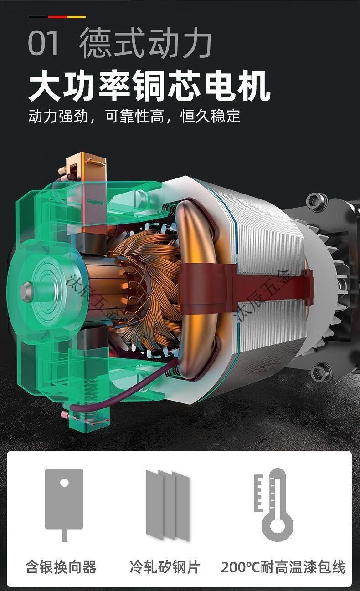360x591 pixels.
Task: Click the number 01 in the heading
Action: [44, 43]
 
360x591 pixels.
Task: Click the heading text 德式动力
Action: [145, 43]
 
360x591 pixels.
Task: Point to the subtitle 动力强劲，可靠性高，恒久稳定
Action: [134, 116]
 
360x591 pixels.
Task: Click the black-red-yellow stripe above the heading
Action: [57, 17]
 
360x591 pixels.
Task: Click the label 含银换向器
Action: [61, 567]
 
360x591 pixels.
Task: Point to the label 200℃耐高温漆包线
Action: [283, 567]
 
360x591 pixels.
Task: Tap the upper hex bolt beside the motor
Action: [316, 201]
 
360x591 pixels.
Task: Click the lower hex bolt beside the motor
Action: [320, 372]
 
